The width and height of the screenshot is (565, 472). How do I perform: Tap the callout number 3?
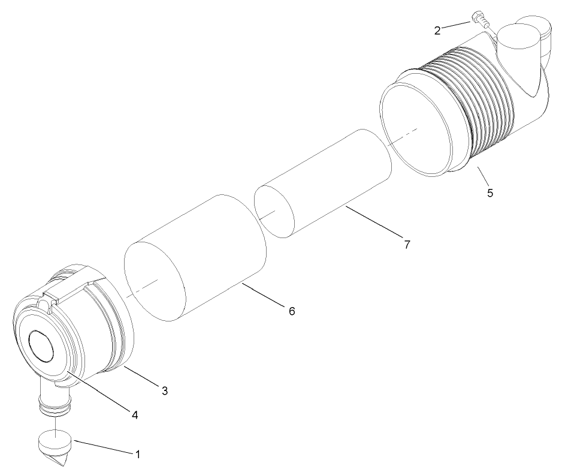[x=165, y=390]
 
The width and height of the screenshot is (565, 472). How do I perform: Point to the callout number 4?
[x=135, y=414]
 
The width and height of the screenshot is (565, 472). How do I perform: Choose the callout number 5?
[x=490, y=193]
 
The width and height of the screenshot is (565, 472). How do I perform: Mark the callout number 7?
[x=407, y=244]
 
